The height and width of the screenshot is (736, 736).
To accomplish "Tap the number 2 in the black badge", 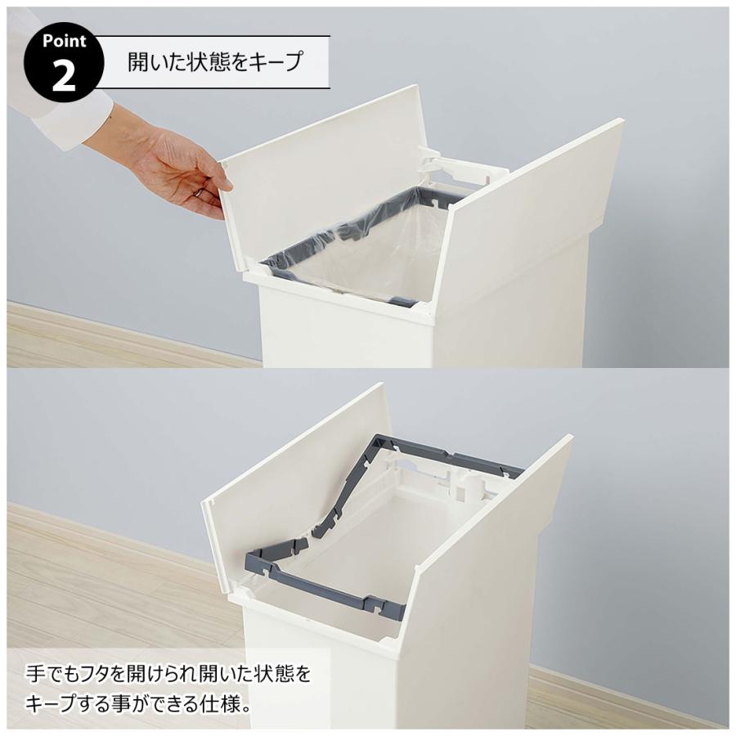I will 63,76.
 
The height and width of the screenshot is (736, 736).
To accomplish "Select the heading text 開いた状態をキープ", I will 215,61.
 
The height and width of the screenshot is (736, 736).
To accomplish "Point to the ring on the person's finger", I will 198,193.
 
